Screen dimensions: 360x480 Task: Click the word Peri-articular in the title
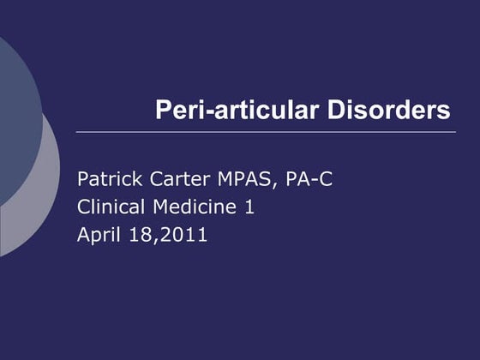coord(225,111)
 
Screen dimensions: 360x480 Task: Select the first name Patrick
coord(105,180)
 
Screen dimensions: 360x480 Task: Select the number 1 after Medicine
coord(250,207)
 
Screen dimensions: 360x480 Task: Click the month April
coord(96,234)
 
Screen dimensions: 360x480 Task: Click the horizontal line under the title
coord(266,132)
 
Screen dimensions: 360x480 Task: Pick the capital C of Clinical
coord(83,207)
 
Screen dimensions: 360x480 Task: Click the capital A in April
coord(83,233)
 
